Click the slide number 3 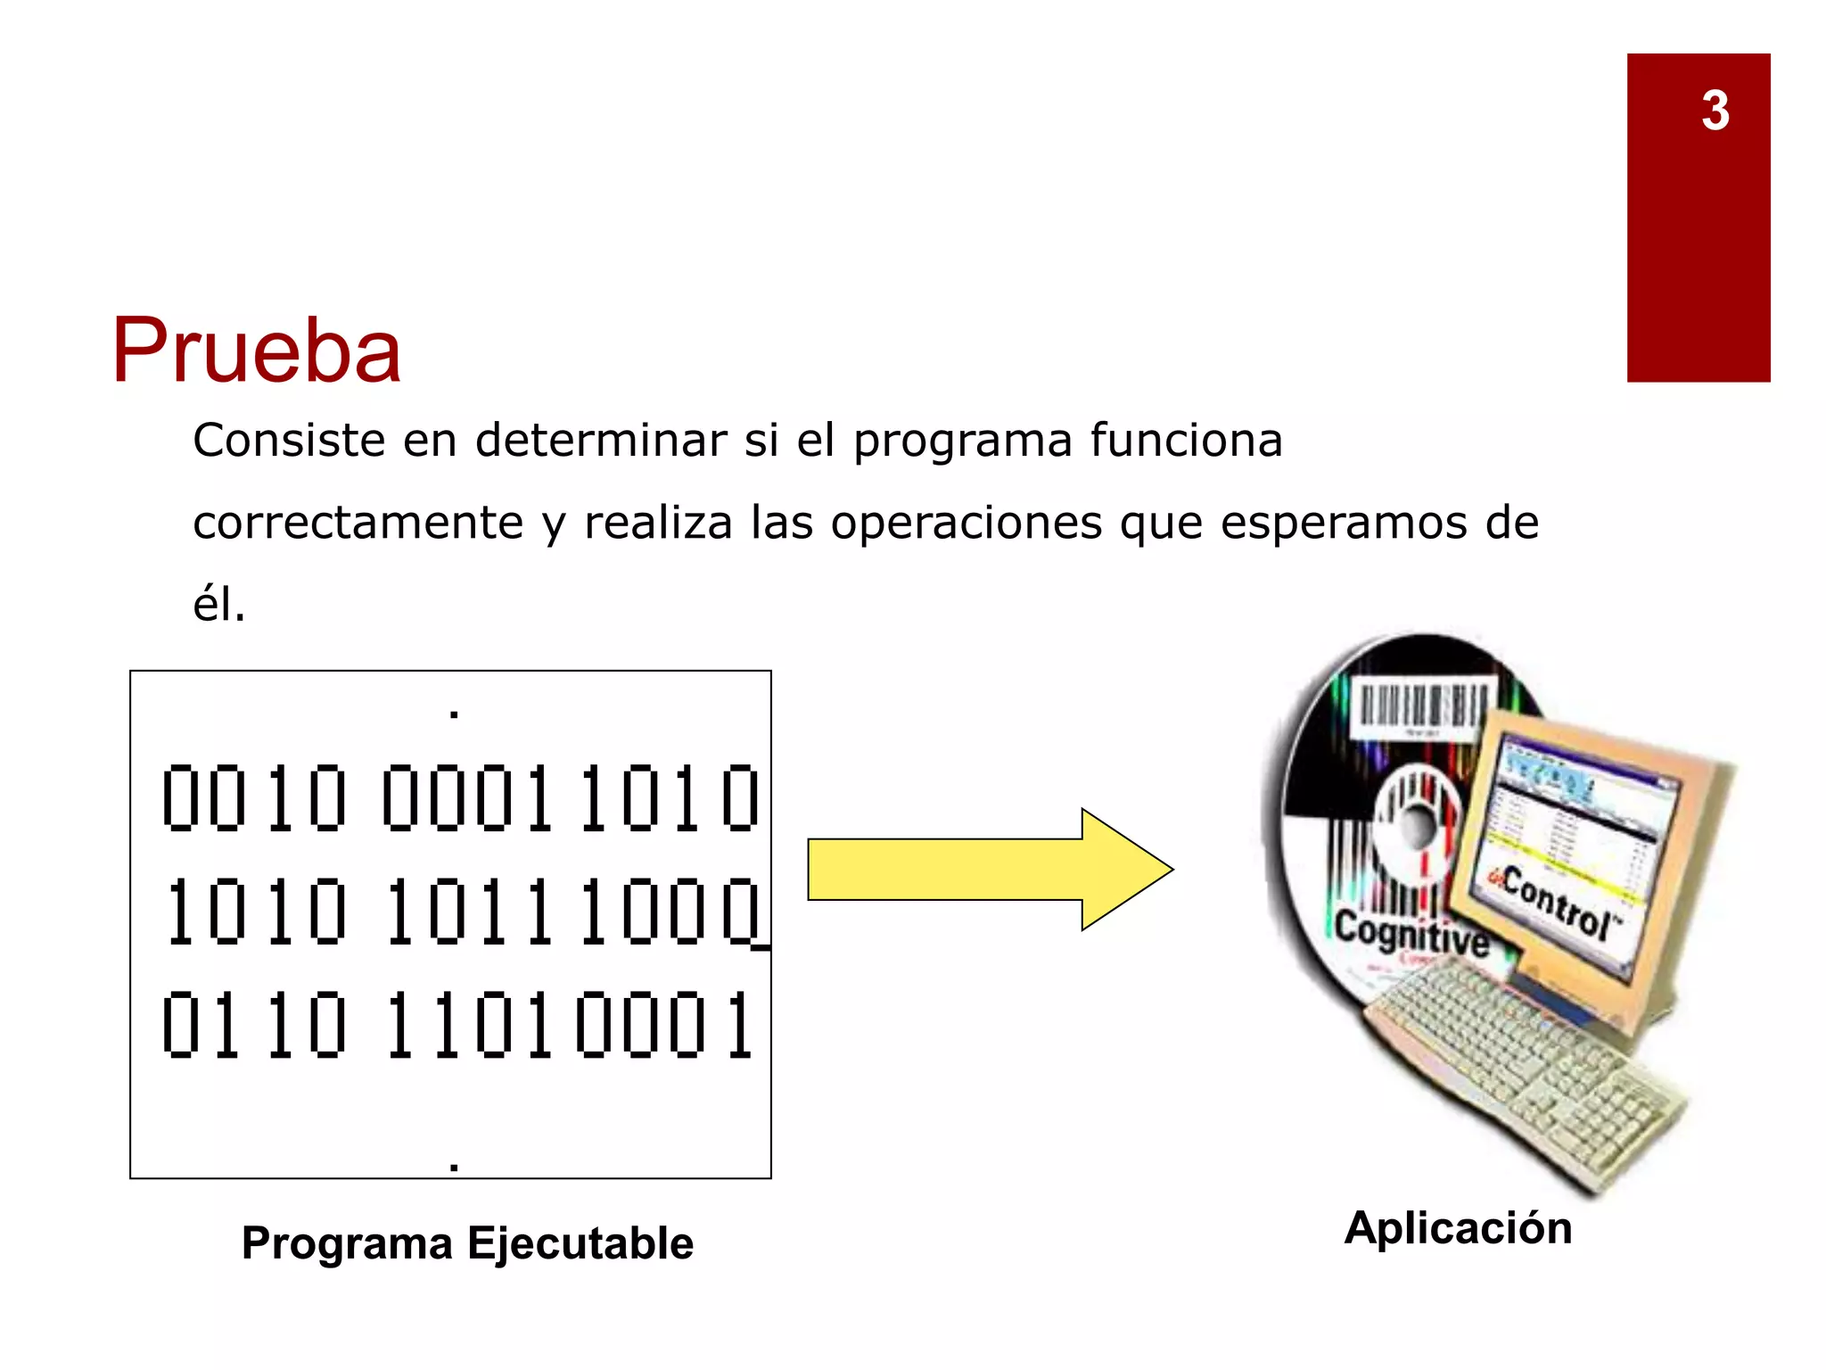tap(1715, 111)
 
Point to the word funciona tap(1186, 440)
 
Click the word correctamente tap(358, 523)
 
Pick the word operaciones tap(966, 523)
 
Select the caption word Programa tap(347, 1242)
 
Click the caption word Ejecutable tap(580, 1242)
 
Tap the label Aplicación tap(1458, 1227)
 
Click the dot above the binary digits tap(455, 714)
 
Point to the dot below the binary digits tap(455, 1166)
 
